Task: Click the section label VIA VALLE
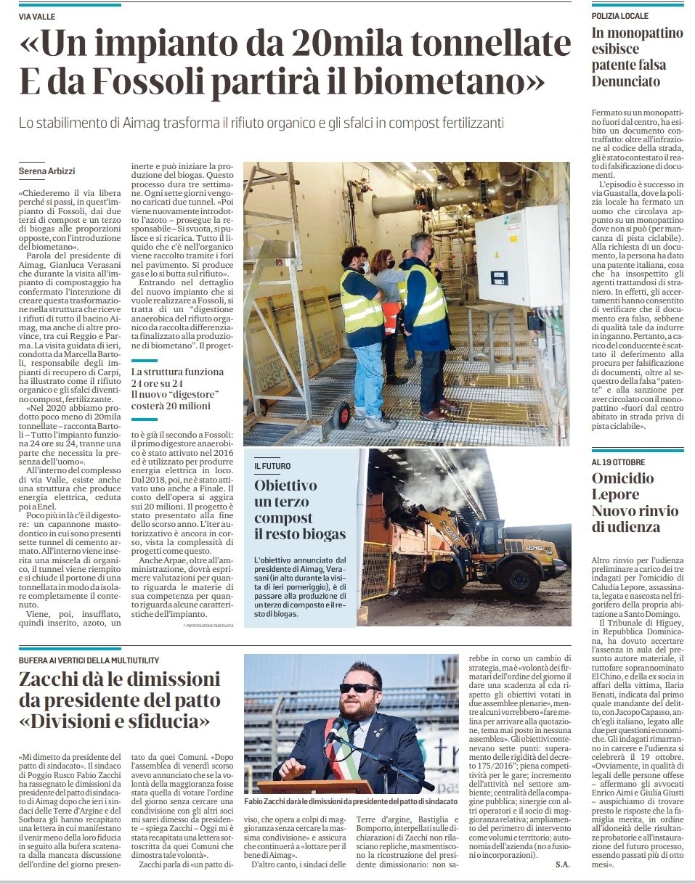(x=38, y=16)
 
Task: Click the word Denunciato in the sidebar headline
(x=626, y=81)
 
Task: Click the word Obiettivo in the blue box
(x=285, y=485)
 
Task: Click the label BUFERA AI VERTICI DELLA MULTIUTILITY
(x=89, y=660)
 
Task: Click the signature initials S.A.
(x=563, y=864)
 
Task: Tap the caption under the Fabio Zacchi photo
(x=351, y=801)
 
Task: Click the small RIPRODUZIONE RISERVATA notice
(x=208, y=626)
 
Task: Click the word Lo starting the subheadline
(x=27, y=123)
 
